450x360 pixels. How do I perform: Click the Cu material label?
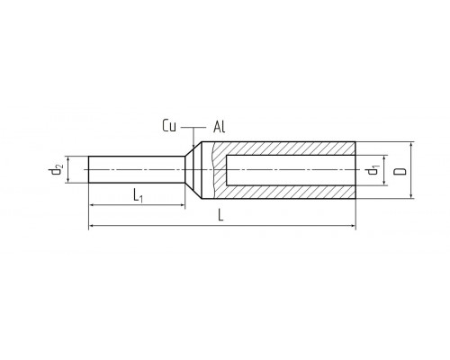169,126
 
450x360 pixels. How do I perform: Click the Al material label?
219,127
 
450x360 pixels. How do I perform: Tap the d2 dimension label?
56,170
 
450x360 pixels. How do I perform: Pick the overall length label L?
220,215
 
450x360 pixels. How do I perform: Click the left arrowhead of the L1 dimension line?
93,205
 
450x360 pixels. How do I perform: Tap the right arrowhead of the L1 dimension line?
181,205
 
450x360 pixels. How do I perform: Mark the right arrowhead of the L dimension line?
352,225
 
